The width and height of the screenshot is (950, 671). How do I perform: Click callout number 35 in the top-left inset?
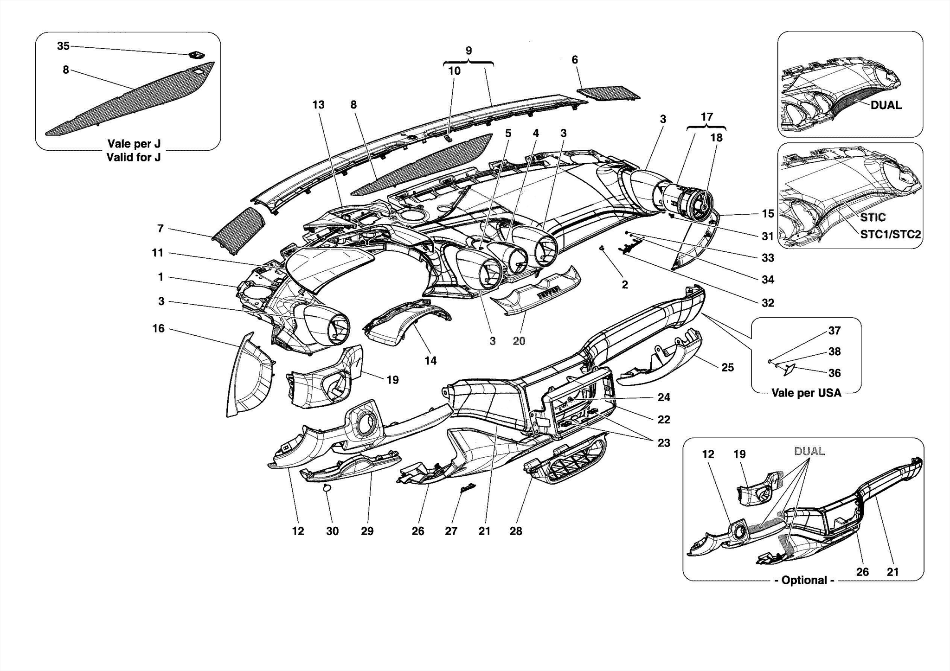[63, 46]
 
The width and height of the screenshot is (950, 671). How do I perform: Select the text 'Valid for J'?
[134, 157]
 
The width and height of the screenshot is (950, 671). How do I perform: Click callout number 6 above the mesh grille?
[575, 60]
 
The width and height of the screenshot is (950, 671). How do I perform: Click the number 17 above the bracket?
[706, 117]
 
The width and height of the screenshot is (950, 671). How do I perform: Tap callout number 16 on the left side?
[159, 328]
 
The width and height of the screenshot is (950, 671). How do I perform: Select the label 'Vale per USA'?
[806, 393]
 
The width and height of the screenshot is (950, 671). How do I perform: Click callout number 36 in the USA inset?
[834, 373]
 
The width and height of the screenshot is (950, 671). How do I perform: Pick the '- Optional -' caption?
[804, 580]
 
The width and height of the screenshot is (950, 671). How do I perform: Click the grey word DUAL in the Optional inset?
[809, 451]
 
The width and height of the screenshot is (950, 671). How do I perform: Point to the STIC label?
[873, 217]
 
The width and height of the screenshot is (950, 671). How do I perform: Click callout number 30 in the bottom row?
[332, 531]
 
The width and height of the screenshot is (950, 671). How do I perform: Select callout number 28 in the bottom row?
[516, 531]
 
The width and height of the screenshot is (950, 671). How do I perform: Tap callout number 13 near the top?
[318, 105]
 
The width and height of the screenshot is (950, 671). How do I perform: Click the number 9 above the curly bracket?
[469, 51]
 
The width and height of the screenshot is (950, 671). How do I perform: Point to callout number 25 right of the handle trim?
[727, 368]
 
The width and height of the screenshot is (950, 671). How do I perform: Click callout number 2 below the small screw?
[625, 284]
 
